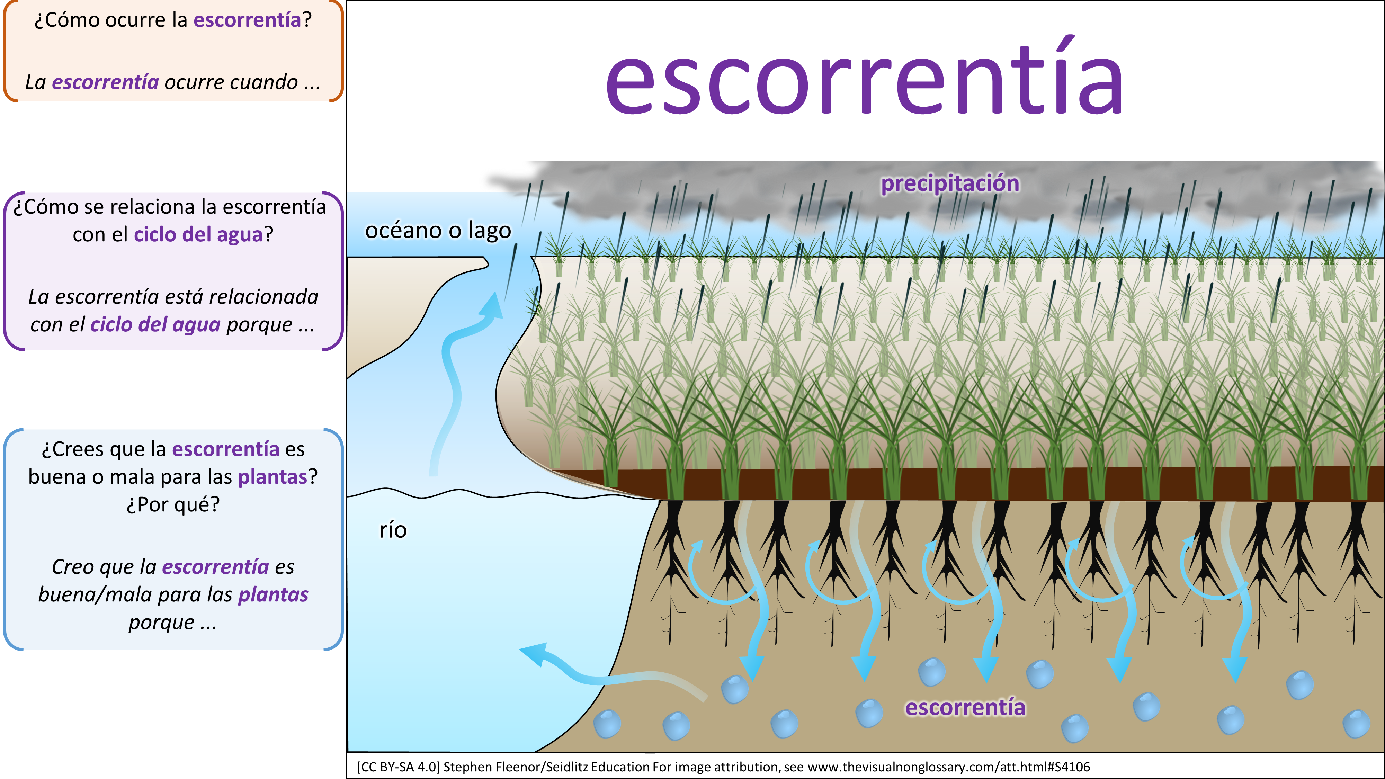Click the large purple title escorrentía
pos(864,81)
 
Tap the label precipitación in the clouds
pos(949,184)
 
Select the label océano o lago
pos(438,231)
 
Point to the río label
pos(393,530)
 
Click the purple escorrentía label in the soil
pos(965,707)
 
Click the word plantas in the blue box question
pos(272,477)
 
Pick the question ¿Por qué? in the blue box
pos(173,504)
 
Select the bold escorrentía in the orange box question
pos(247,20)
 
